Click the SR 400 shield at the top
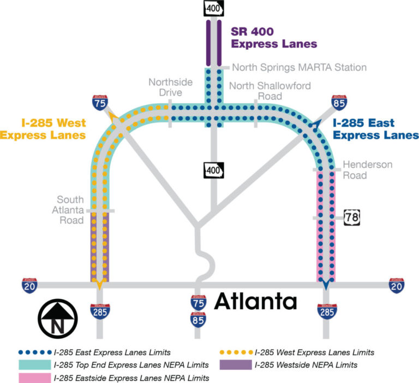(x=212, y=8)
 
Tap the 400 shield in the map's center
(x=213, y=170)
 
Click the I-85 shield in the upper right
(x=337, y=103)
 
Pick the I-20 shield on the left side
(x=29, y=285)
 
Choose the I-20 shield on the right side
(x=397, y=285)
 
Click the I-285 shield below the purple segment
(x=100, y=311)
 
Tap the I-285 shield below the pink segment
(x=326, y=311)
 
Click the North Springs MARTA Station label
(x=299, y=67)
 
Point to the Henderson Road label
(x=367, y=170)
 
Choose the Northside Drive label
(x=170, y=87)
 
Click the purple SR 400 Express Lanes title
(x=273, y=38)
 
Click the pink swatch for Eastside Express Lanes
(x=34, y=376)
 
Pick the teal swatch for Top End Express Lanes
(x=34, y=364)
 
